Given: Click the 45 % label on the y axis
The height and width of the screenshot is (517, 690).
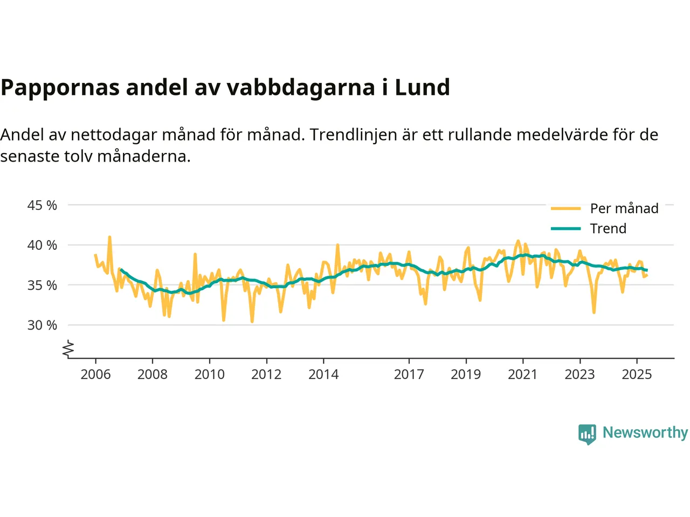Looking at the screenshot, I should [42, 205].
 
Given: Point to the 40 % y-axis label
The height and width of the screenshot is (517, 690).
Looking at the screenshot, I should [42, 245].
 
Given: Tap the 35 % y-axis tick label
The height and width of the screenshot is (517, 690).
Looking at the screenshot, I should [42, 285].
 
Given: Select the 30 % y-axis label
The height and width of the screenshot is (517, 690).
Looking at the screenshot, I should [42, 325].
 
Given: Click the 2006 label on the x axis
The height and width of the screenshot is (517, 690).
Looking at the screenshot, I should [95, 374].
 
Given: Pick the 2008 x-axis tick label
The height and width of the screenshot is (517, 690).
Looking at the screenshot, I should [153, 374].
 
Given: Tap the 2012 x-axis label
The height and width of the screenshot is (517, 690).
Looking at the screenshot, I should [266, 374].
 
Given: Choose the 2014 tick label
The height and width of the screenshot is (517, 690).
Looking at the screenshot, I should [323, 374].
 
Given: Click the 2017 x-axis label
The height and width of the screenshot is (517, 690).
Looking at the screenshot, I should [409, 374].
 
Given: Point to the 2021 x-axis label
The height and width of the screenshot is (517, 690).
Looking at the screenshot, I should [523, 374].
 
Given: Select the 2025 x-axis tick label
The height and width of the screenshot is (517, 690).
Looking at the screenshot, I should [637, 374].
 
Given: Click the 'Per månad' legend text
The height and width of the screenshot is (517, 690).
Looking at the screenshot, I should [624, 208].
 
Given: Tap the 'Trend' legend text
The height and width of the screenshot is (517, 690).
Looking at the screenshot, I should [608, 228].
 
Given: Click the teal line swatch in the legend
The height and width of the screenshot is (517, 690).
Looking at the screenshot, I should [565, 228].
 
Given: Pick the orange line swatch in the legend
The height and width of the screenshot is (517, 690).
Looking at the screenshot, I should [565, 208].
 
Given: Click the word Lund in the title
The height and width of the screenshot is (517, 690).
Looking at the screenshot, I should [422, 87].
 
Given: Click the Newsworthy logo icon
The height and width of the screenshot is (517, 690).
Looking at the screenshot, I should [587, 434].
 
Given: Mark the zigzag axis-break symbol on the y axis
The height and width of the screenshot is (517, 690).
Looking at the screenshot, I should [68, 349].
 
